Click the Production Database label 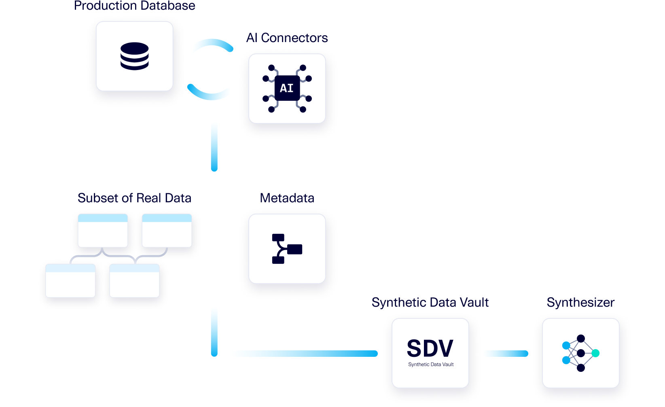click(134, 6)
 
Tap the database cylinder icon click(135, 56)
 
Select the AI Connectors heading click(287, 38)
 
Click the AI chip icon click(287, 88)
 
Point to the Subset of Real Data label click(134, 198)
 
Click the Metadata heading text click(287, 198)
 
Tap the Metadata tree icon click(287, 249)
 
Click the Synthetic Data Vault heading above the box click(430, 302)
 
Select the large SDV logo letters click(430, 348)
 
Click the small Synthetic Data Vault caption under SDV click(431, 365)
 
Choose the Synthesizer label click(580, 302)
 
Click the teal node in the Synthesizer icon click(595, 353)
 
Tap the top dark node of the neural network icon click(581, 338)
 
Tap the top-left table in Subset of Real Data click(103, 231)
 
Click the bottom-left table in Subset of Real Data click(70, 281)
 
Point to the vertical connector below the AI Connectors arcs click(214, 148)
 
